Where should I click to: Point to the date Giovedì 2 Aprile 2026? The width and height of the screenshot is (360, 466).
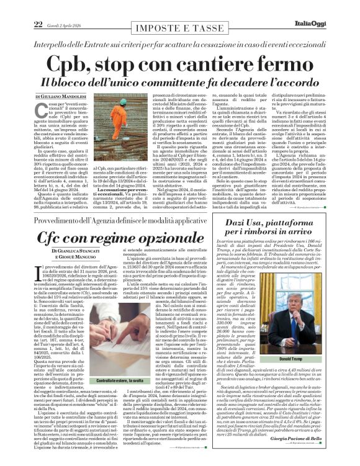click(x=57, y=7)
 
